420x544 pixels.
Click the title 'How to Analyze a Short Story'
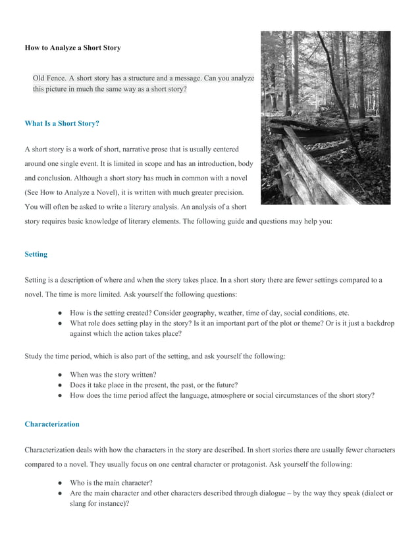tap(72, 48)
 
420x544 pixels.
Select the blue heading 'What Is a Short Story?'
tap(61, 123)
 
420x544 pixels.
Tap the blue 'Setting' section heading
tap(36, 254)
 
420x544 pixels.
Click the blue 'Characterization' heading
tap(51, 424)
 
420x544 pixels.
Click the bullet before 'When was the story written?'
tap(60, 374)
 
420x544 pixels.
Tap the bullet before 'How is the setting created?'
tap(60, 313)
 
